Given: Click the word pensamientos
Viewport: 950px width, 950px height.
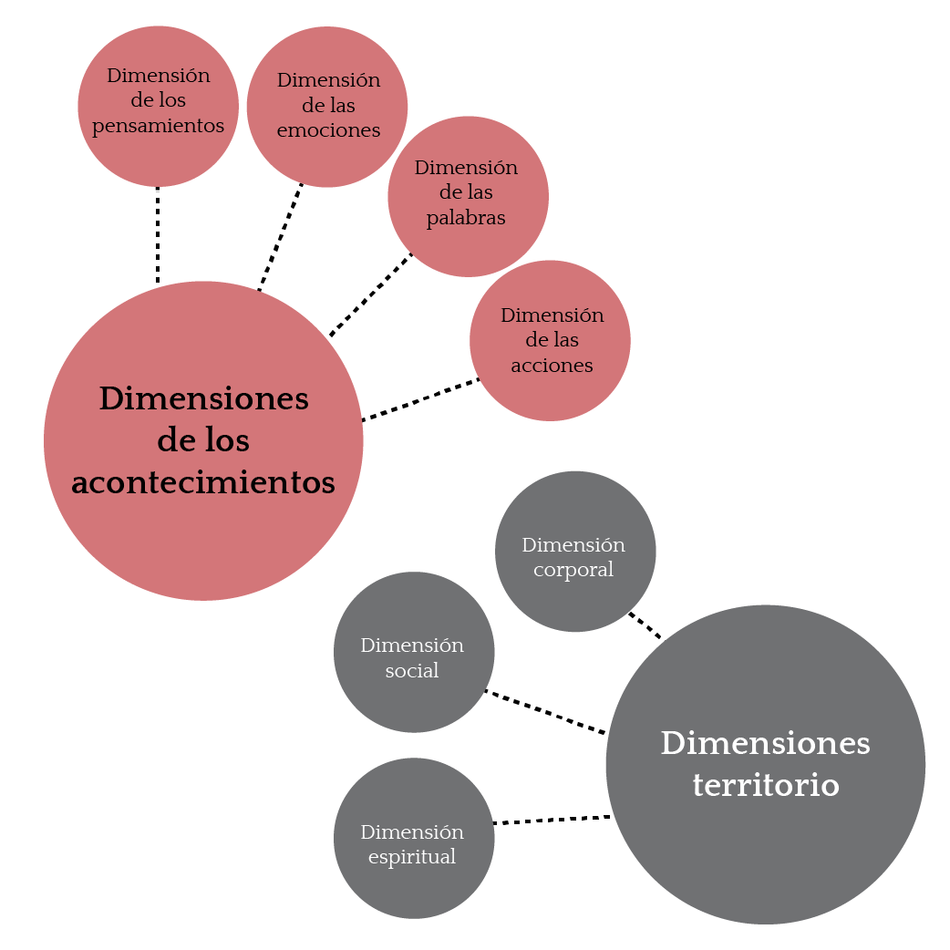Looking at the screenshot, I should tap(158, 126).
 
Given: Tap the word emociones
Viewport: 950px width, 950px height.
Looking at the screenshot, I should tap(328, 130).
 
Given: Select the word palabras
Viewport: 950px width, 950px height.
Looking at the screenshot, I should tap(466, 218).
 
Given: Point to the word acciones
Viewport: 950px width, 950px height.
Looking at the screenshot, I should tap(552, 366).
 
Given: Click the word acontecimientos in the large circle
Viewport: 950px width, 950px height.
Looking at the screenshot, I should tap(203, 482).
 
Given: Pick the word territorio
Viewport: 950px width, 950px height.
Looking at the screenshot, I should tap(766, 785).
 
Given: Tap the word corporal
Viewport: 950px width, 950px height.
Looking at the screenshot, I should tap(573, 570).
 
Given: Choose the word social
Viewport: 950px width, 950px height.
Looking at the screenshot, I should tap(412, 671).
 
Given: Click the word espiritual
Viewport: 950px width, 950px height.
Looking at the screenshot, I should tap(412, 857).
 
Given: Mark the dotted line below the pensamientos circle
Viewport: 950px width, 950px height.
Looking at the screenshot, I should tap(158, 234).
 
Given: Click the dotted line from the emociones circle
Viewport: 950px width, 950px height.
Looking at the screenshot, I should tap(281, 237).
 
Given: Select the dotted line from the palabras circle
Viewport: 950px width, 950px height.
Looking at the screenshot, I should tap(370, 294).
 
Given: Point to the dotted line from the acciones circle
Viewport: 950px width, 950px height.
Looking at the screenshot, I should tap(420, 400).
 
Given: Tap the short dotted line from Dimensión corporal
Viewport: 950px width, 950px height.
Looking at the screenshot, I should tap(645, 625).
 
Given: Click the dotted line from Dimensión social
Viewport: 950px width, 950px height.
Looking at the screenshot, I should tap(545, 712).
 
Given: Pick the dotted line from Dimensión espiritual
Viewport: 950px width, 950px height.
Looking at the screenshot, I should tap(552, 820).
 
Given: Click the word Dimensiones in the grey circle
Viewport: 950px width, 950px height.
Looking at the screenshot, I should tap(766, 743).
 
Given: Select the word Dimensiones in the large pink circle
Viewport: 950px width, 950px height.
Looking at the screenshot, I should tap(204, 398).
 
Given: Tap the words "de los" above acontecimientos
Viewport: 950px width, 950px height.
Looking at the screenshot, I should tap(203, 441).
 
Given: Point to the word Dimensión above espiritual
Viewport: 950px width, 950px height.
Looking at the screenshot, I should tap(412, 832).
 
